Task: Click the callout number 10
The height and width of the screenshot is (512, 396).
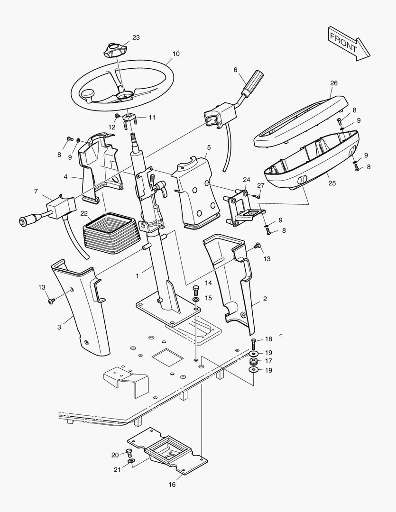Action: coord(176,54)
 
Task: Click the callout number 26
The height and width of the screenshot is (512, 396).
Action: coord(334,83)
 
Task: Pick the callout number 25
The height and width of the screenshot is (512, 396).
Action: coord(332,183)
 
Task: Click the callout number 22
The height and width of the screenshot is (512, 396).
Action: coord(83,213)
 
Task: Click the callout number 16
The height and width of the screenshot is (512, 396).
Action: coord(172,485)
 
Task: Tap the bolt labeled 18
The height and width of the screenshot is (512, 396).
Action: coord(254,341)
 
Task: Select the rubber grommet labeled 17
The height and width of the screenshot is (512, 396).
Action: coord(254,362)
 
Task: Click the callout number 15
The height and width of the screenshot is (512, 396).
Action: coord(209,298)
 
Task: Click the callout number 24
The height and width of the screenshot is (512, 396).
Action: coord(246,180)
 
